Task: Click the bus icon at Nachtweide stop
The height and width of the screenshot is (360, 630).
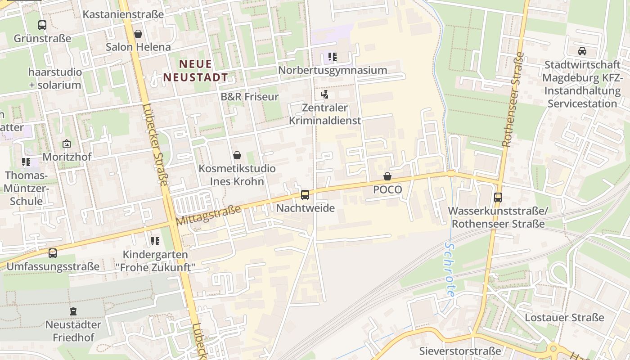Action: [x=305, y=195]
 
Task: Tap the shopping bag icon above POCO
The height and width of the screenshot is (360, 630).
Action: [x=387, y=176]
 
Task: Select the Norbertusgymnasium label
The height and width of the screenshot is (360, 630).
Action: [x=333, y=70]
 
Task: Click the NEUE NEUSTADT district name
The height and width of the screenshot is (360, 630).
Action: [x=195, y=71]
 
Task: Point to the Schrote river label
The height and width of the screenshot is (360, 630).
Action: [x=450, y=269]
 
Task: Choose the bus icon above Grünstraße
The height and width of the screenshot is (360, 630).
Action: [x=42, y=25]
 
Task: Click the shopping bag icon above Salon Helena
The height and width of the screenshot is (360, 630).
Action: [x=138, y=34]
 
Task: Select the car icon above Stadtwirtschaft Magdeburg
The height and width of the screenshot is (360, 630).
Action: [x=582, y=51]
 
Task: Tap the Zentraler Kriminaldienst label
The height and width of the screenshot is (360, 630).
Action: [x=325, y=114]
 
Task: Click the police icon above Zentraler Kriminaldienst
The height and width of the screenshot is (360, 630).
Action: [x=324, y=94]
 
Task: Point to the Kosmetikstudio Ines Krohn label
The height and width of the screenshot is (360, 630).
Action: [x=237, y=175]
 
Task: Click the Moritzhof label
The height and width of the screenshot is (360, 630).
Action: [x=67, y=157]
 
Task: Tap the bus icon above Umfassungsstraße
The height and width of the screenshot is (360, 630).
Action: [x=53, y=253]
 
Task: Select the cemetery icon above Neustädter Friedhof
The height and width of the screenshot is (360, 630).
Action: [x=73, y=311]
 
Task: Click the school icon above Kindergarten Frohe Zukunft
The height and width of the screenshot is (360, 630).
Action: [x=155, y=241]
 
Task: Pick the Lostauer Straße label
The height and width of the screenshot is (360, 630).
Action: [x=564, y=318]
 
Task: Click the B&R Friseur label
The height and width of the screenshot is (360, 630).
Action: [x=250, y=97]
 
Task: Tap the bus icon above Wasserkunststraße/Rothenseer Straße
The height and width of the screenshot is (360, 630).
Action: [x=498, y=197]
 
